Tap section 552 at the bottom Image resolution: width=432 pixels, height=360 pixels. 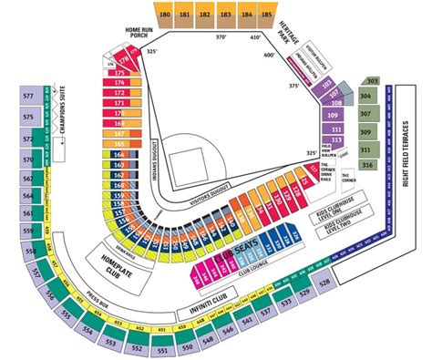pyautogui.click(x=137, y=348)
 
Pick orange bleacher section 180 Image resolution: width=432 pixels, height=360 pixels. pyautogui.click(x=164, y=15)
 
